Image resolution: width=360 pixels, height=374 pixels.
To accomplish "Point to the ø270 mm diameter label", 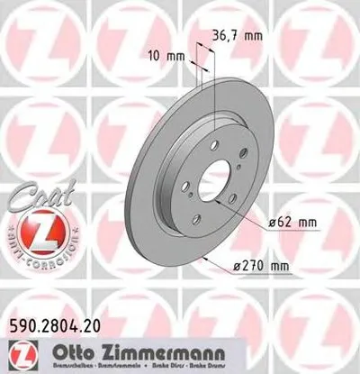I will [x=261, y=266].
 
